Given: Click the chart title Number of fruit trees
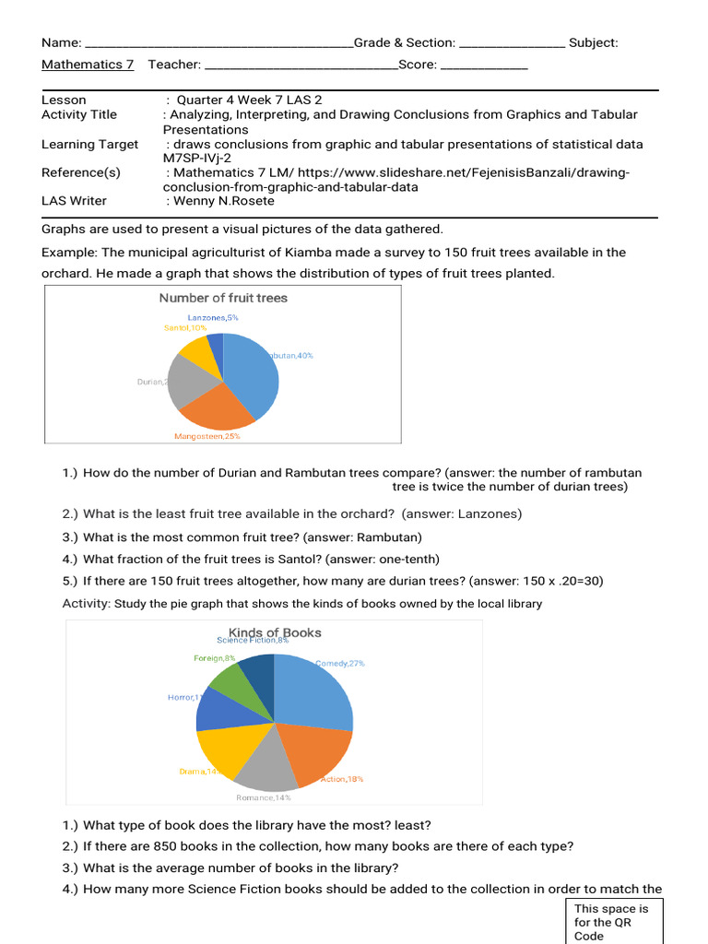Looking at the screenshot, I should coord(223,298).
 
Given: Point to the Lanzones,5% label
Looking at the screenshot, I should coord(213,317).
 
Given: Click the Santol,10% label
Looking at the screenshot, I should coord(185,327).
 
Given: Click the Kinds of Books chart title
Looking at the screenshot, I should coord(275,632).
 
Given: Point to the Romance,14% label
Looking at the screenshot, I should coord(264,797).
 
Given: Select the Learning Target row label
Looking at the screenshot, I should coord(90,144).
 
